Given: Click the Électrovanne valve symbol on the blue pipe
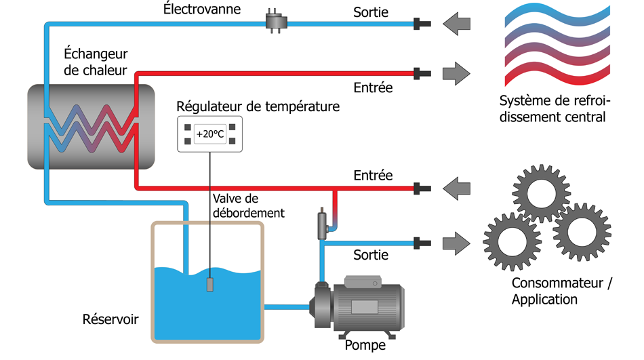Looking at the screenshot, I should pyautogui.click(x=276, y=23).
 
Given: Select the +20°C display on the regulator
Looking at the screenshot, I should pyautogui.click(x=209, y=134).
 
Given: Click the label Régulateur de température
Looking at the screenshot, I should pyautogui.click(x=258, y=106).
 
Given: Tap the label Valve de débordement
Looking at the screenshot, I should pyautogui.click(x=248, y=205).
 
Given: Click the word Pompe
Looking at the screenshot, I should pyautogui.click(x=365, y=345).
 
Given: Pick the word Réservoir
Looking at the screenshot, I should pyautogui.click(x=110, y=319).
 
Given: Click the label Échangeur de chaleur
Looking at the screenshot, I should pyautogui.click(x=96, y=62).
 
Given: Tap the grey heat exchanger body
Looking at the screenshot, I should pyautogui.click(x=88, y=127).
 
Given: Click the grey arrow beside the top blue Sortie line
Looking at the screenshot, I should pyautogui.click(x=456, y=24).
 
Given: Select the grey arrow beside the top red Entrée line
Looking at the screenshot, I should pyautogui.click(x=456, y=72).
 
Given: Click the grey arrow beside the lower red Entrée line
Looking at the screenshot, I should pyautogui.click(x=456, y=186).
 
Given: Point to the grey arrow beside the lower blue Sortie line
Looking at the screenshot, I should pyautogui.click(x=456, y=241).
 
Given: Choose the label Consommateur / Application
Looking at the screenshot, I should pyautogui.click(x=561, y=292).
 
